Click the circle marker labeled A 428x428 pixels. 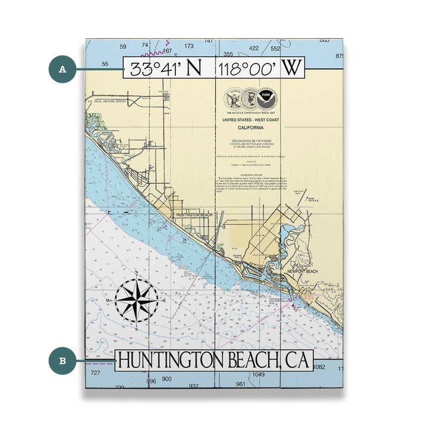pyautogui.click(x=62, y=69)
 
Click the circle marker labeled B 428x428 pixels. pyautogui.click(x=62, y=361)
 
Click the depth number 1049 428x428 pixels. pyautogui.click(x=257, y=374)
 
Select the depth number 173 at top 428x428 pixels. pyautogui.click(x=190, y=46)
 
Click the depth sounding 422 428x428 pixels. pyautogui.click(x=254, y=48)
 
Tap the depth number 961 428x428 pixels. pyautogui.click(x=240, y=384)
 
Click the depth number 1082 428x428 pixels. pyautogui.click(x=320, y=367)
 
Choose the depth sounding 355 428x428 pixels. pyautogui.click(x=228, y=53)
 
